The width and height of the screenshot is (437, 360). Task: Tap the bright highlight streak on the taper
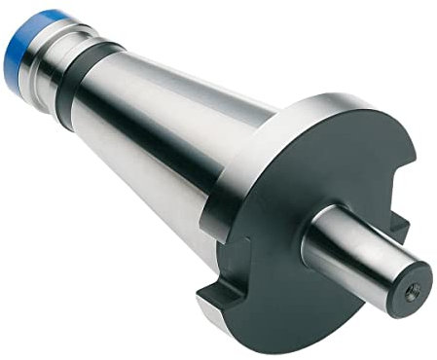tap(175, 107)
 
